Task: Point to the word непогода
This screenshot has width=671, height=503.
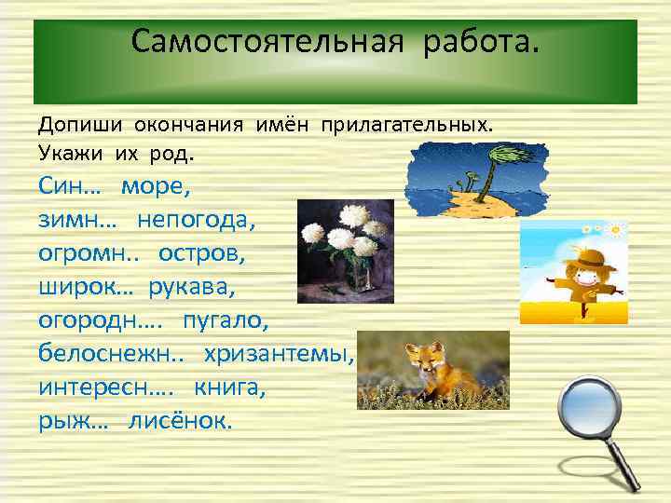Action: click(x=196, y=220)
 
